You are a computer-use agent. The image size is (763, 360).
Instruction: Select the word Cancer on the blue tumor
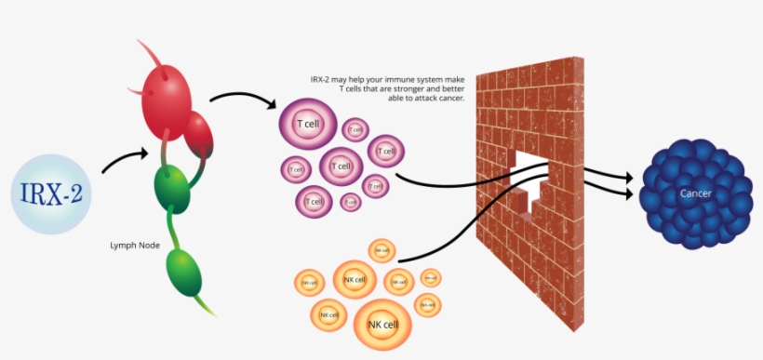click(x=697, y=193)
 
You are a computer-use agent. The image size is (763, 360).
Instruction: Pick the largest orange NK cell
click(x=380, y=323)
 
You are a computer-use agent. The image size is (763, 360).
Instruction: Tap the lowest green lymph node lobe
click(x=183, y=271)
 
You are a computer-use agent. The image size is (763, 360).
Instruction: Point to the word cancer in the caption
click(x=452, y=98)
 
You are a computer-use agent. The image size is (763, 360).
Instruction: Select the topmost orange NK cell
click(x=381, y=249)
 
